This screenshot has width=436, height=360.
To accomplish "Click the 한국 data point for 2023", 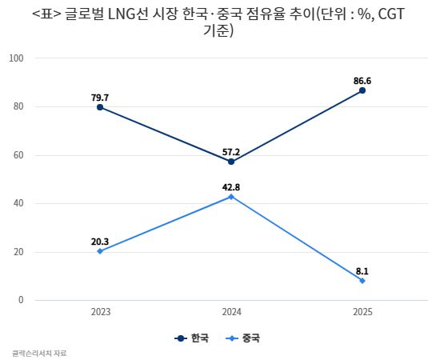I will (x=100, y=107).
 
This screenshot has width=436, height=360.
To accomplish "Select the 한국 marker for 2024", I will (x=231, y=162).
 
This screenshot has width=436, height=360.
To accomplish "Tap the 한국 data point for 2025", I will (x=362, y=90).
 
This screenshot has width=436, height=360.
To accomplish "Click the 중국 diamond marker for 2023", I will (x=100, y=251).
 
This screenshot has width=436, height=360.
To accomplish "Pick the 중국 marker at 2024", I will (x=231, y=197).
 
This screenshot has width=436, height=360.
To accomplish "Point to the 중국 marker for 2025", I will (x=362, y=281).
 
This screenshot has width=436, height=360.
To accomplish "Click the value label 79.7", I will (x=100, y=97).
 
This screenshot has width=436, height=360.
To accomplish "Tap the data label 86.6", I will (x=362, y=80).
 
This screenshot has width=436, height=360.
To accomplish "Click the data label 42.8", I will (x=231, y=186).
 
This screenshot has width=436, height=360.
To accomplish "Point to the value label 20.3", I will (x=100, y=241).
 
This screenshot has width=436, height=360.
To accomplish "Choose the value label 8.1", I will (x=362, y=270).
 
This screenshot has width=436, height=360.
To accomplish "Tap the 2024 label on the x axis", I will (x=231, y=312).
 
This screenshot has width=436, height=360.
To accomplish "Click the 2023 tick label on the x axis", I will (x=100, y=312).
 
